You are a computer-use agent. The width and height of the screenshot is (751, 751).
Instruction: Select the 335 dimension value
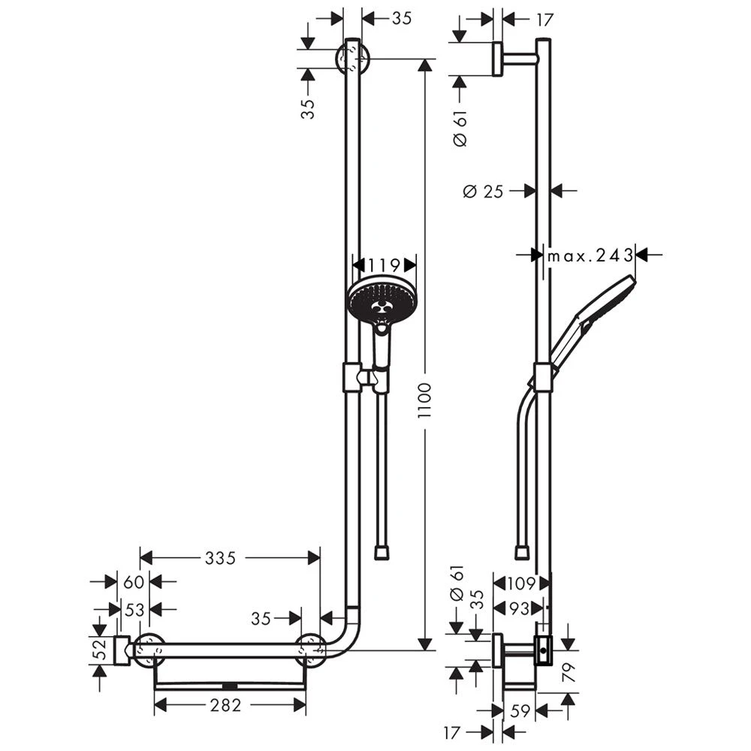click(220, 558)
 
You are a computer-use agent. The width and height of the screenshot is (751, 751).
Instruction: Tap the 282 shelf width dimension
click(225, 705)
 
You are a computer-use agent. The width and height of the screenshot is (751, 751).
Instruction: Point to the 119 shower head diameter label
click(385, 264)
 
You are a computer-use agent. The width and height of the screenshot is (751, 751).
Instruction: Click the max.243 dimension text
click(590, 255)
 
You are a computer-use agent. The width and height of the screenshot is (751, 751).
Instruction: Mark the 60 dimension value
click(134, 581)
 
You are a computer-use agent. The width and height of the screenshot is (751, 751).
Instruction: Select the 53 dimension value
click(134, 610)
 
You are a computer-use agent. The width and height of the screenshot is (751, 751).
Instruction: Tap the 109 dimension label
click(520, 582)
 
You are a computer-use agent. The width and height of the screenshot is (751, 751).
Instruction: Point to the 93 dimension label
click(520, 609)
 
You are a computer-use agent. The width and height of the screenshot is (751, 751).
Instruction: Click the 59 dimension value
click(520, 710)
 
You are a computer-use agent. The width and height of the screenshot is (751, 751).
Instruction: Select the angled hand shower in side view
click(592, 319)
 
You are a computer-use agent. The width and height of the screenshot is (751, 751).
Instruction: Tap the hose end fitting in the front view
click(382, 553)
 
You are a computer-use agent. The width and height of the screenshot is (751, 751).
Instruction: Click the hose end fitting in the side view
click(522, 553)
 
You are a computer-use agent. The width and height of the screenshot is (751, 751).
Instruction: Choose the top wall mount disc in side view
click(497, 59)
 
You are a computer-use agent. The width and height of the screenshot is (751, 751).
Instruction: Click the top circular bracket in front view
click(352, 58)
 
